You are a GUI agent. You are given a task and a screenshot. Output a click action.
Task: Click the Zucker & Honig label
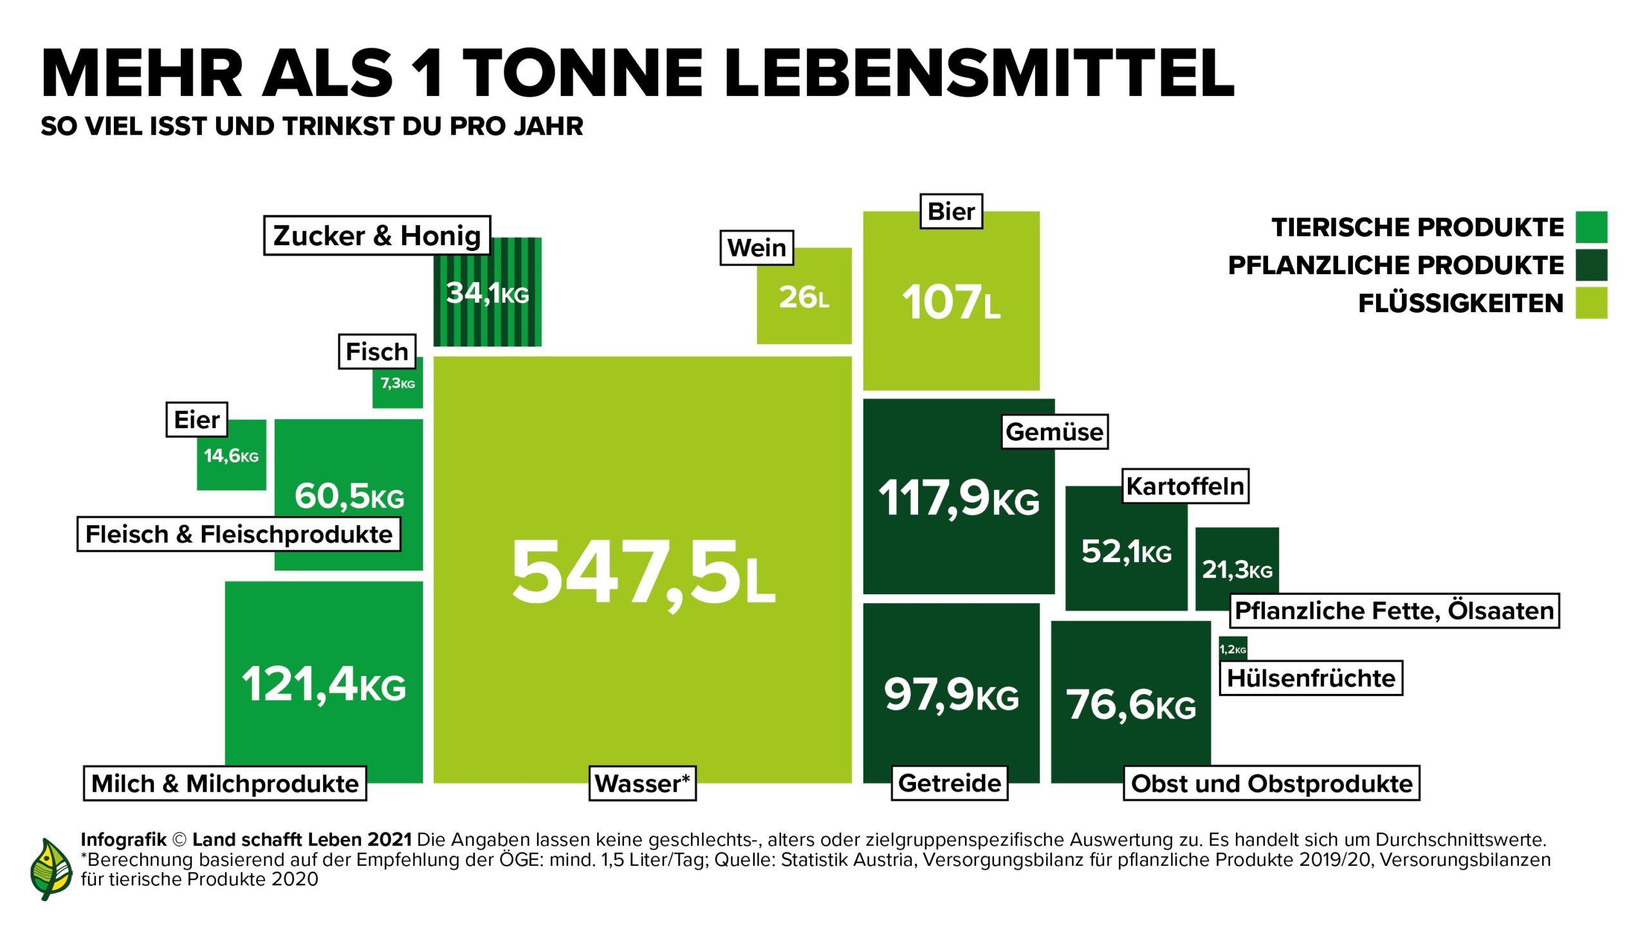[377, 236]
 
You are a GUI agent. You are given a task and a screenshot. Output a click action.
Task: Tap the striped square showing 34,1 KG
[487, 293]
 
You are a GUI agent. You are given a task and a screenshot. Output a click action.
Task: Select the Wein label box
[757, 248]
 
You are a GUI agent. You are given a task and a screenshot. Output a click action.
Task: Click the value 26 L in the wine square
[804, 297]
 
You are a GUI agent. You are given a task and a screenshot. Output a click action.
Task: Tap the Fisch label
[377, 351]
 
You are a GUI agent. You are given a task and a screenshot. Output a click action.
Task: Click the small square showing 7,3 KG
[398, 384]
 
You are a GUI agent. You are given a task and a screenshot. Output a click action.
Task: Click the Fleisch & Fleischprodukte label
[239, 534]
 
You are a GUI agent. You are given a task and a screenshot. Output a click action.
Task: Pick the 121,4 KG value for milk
[324, 684]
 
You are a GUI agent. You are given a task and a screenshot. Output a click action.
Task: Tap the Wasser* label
[642, 783]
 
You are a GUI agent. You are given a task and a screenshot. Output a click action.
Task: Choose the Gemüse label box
[1054, 432]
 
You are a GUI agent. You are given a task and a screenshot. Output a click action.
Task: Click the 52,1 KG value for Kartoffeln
[1126, 552]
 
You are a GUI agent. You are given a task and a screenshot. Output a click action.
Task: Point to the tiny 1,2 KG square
[1233, 649]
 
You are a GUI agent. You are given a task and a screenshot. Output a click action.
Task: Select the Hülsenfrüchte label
[1311, 678]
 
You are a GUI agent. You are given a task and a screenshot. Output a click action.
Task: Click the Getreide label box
[950, 783]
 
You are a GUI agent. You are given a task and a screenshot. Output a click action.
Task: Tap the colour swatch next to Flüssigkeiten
[1591, 303]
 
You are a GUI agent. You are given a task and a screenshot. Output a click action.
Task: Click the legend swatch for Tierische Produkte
[1591, 227]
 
